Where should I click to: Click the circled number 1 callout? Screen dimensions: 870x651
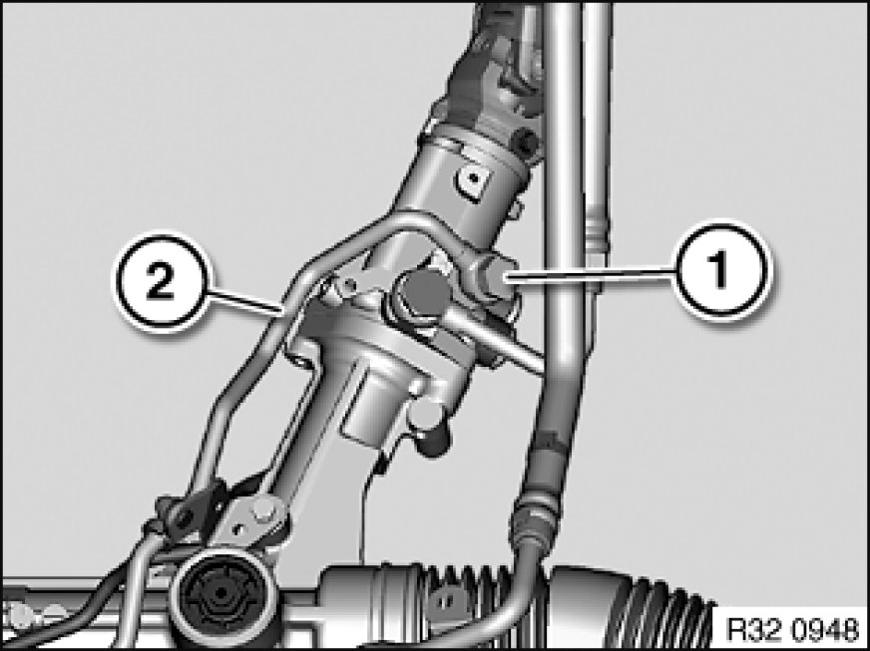[719, 270]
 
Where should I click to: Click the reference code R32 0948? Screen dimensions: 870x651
[792, 630]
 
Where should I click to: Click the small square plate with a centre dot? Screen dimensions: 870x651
[473, 180]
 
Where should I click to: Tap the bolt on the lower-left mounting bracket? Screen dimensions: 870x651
[263, 510]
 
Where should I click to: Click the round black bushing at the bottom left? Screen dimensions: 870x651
[220, 595]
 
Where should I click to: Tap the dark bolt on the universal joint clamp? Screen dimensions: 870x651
[526, 142]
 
